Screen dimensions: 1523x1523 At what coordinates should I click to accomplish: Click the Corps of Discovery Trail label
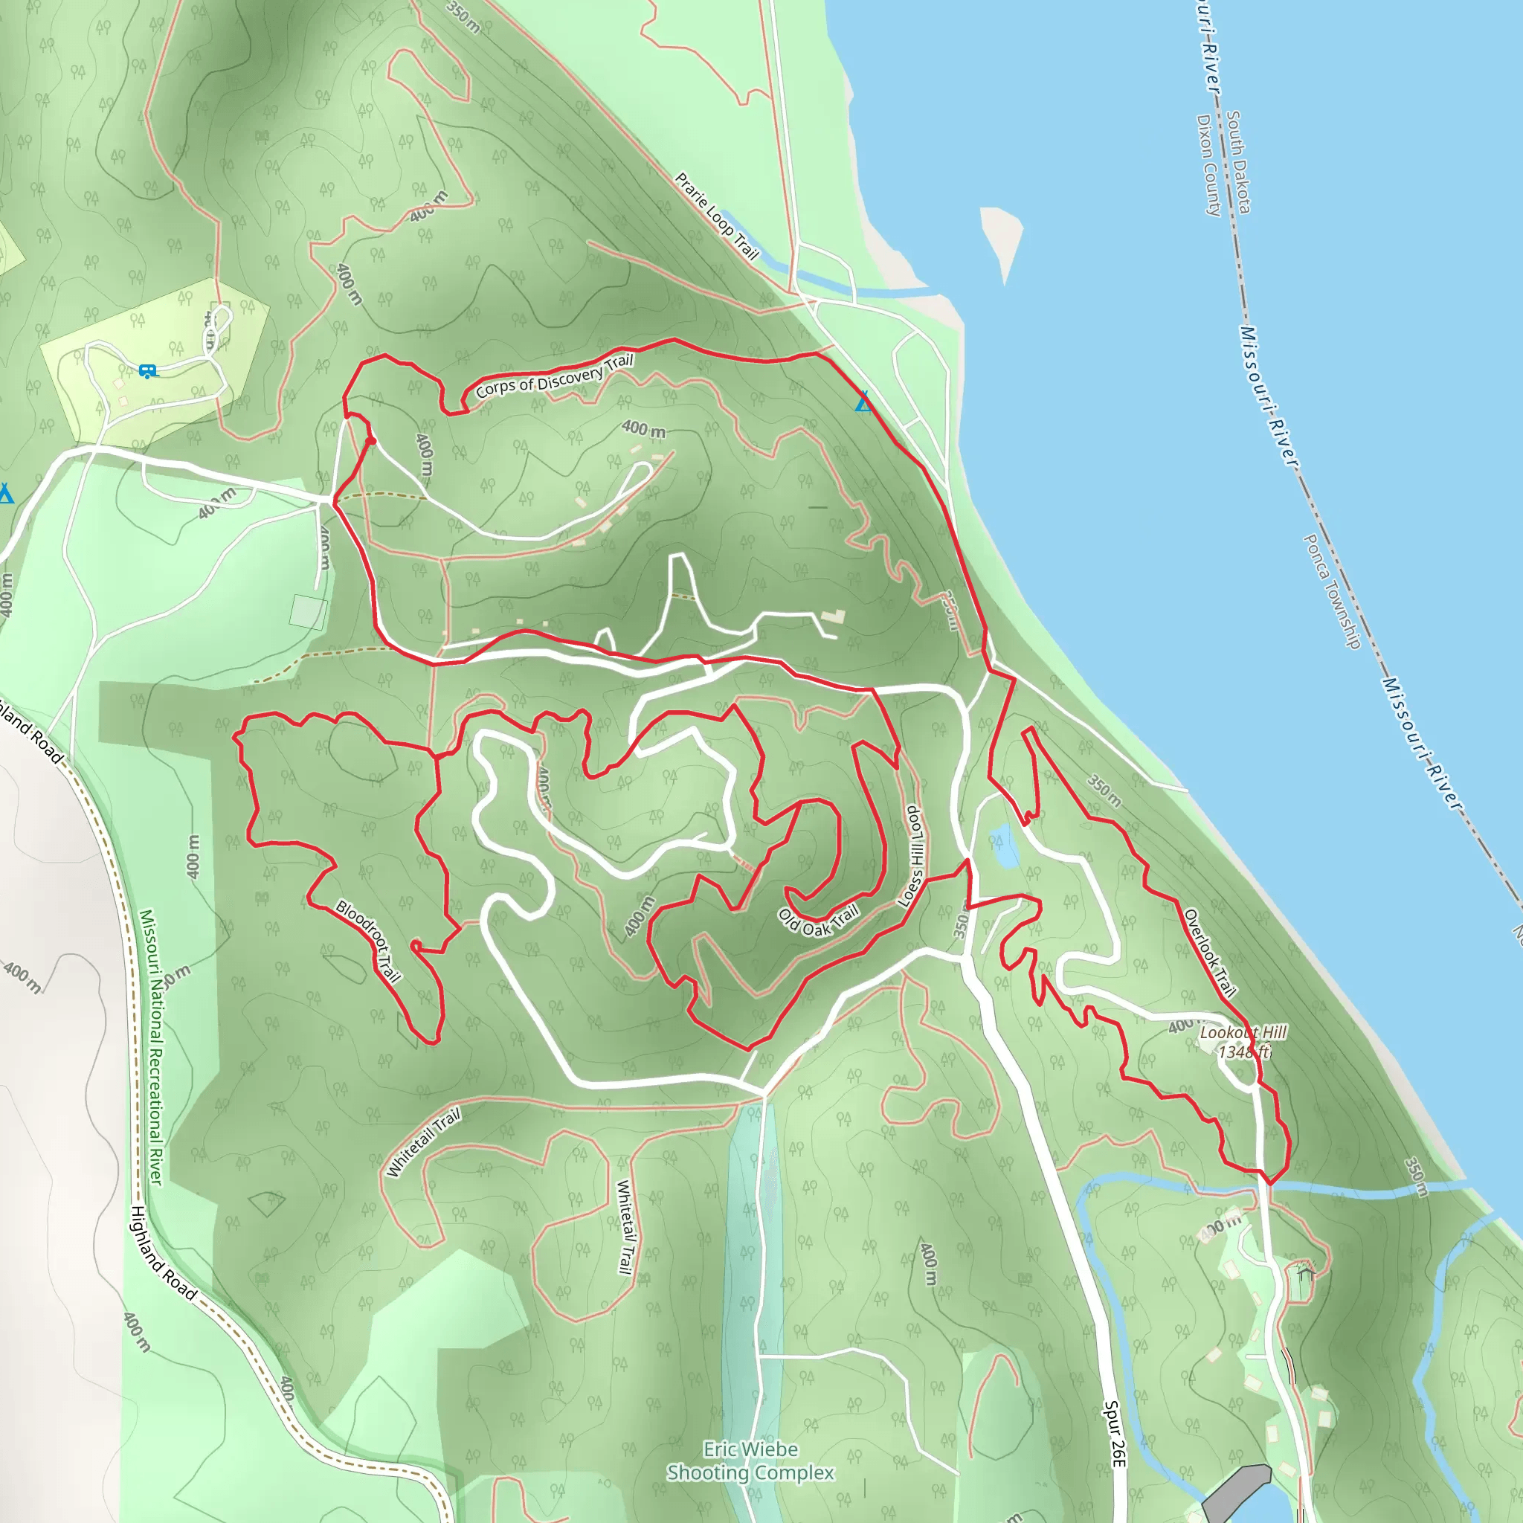[554, 376]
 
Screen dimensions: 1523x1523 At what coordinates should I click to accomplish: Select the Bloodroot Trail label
[368, 941]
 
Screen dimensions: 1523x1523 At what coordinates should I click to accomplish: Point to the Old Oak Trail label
[817, 920]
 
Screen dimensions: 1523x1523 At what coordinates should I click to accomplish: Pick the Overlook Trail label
[1209, 953]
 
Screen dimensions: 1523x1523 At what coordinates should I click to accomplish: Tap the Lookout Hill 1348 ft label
[1243, 1042]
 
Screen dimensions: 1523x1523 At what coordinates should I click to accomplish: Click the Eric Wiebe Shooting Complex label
[750, 1461]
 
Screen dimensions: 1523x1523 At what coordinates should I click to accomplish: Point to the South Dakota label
[1238, 161]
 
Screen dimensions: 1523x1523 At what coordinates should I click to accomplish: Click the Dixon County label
[1208, 165]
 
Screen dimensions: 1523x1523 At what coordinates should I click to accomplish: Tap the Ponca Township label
[1331, 591]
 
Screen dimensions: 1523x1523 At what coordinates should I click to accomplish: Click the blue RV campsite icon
[146, 370]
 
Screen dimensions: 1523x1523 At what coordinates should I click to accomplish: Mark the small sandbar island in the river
[1001, 236]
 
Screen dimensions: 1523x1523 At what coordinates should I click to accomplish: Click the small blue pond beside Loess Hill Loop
[1003, 845]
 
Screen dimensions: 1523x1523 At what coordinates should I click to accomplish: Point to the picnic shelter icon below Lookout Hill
[1305, 1271]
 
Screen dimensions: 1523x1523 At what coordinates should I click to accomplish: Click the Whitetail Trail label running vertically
[625, 1226]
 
